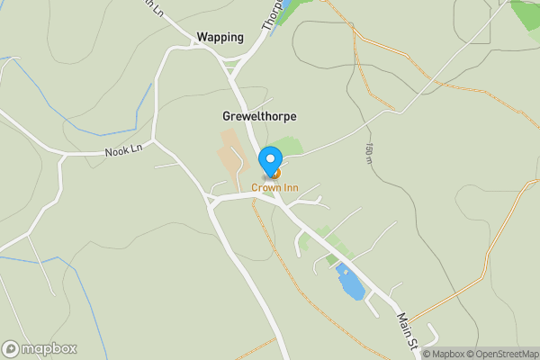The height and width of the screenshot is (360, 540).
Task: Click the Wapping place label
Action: (x=220, y=37)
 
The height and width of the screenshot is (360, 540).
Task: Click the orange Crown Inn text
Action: (x=274, y=187)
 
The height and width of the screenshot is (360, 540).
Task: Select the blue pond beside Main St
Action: (x=350, y=283)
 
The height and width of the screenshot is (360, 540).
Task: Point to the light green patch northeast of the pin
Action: (x=288, y=147)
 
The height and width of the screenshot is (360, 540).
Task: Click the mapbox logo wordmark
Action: (x=49, y=349)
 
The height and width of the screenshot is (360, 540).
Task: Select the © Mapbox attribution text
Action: (x=444, y=354)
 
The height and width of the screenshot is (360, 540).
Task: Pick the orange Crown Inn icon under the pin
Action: (x=276, y=173)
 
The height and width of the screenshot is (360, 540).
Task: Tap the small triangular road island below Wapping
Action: (x=231, y=65)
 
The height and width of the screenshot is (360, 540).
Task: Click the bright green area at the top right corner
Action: (x=527, y=13)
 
